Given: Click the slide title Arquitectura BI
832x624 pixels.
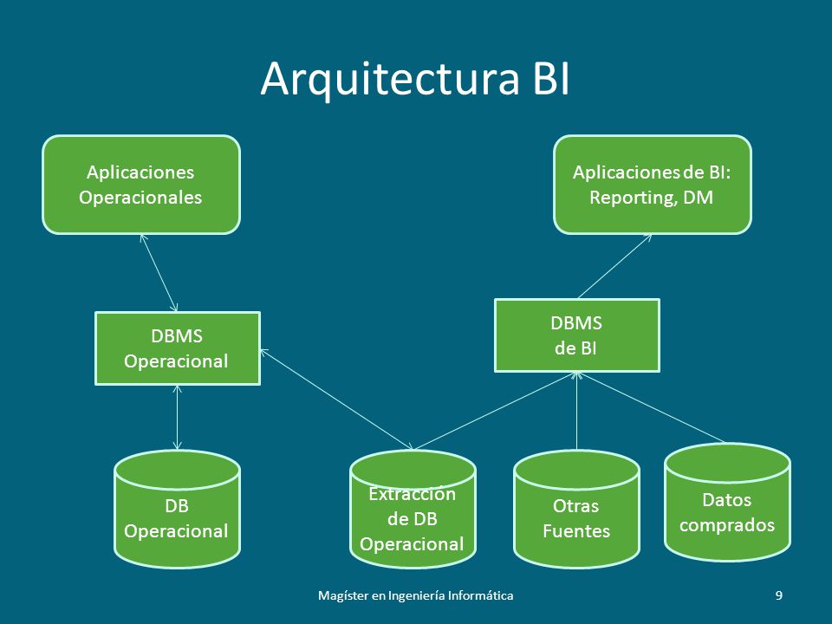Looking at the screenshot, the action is coord(415,80).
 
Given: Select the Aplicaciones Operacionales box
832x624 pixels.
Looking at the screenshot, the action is coord(141,185).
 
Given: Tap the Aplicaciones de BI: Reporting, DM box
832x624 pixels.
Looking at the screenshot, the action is coord(653,185).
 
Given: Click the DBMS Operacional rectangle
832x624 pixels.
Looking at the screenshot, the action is coord(177,348).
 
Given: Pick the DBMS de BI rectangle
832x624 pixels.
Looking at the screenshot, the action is coord(577,335).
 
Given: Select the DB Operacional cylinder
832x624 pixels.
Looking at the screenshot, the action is coord(177,510).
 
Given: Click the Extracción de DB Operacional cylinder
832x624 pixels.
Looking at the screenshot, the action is coord(413,510).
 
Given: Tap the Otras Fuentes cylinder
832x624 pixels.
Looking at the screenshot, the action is coord(577,510).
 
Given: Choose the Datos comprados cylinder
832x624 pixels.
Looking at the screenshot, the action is coord(727,503).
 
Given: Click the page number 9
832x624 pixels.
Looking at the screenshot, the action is coord(779,595).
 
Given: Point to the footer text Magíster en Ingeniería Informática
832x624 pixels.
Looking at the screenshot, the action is coord(415,595).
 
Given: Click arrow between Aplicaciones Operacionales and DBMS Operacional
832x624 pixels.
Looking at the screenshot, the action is coord(159,273).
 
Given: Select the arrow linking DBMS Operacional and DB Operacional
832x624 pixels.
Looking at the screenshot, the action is coord(177,418).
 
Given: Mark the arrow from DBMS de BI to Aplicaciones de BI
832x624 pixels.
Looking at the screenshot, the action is coord(614,266).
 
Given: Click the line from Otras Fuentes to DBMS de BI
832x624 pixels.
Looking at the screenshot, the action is coord(577,411).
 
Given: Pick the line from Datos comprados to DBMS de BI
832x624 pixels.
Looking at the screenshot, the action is coord(652,407).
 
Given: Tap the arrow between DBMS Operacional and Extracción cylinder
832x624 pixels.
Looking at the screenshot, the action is coord(336,399).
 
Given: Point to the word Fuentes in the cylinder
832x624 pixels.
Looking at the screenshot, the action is coord(576,531).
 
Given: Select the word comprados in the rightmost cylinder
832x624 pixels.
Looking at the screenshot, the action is coord(727,525).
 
